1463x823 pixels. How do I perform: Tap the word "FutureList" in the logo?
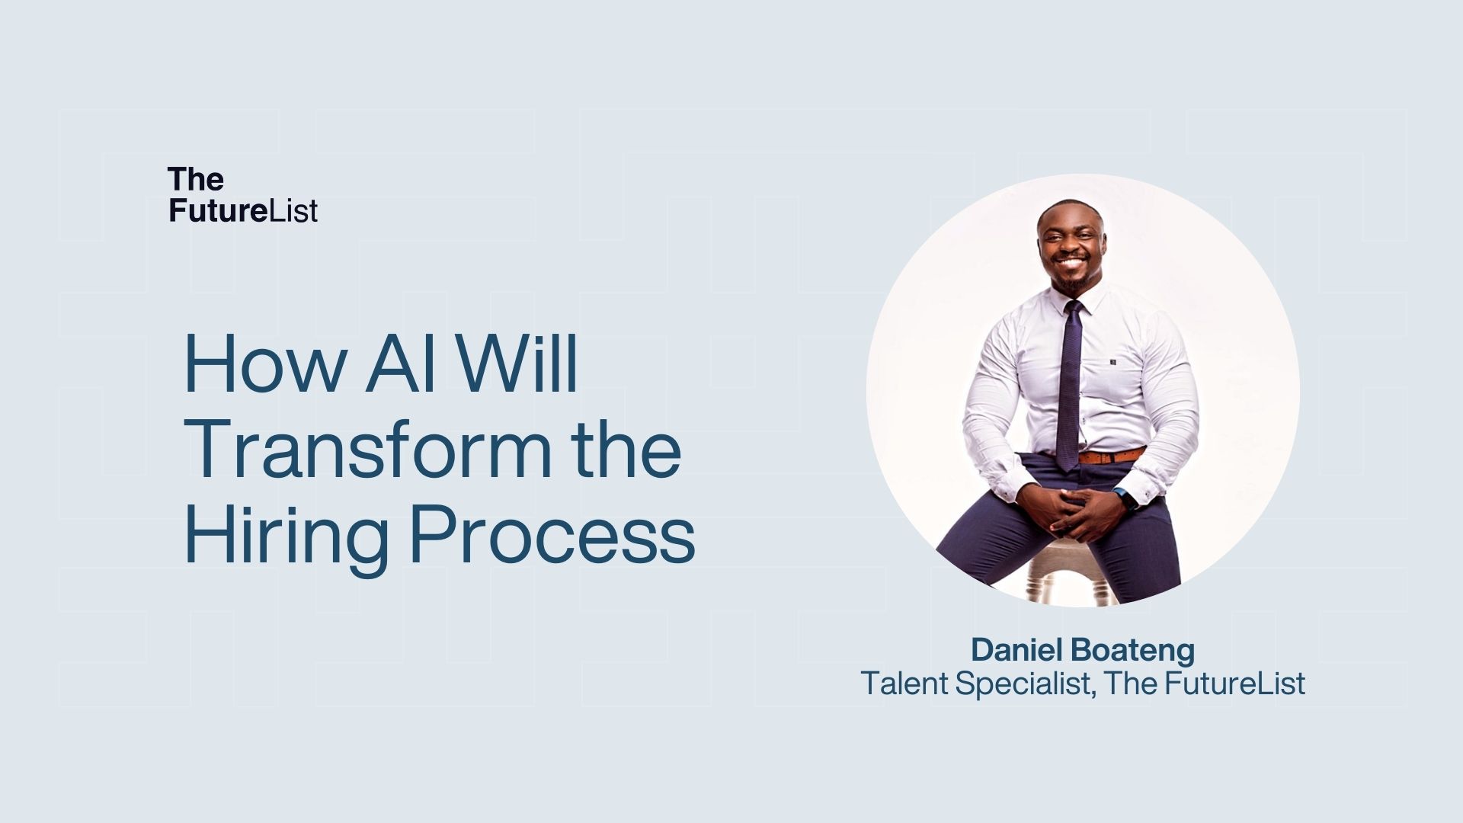pyautogui.click(x=243, y=210)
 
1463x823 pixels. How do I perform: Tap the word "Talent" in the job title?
pyautogui.click(x=904, y=683)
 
